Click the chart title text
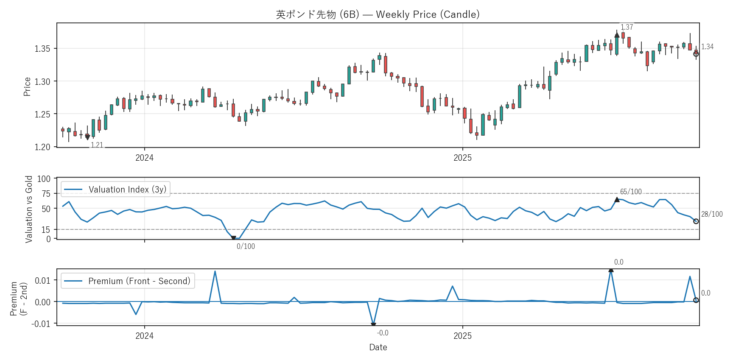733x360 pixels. pyautogui.click(x=378, y=14)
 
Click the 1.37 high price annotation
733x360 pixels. pyautogui.click(x=627, y=27)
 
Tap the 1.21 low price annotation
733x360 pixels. pyautogui.click(x=97, y=145)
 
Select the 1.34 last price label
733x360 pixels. pyautogui.click(x=707, y=47)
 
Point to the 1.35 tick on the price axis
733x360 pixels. pyautogui.click(x=42, y=49)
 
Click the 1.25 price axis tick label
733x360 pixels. pyautogui.click(x=42, y=114)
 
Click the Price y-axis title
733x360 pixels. pyautogui.click(x=27, y=87)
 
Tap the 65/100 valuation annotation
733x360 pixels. pyautogui.click(x=631, y=192)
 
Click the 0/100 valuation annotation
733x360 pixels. pyautogui.click(x=246, y=246)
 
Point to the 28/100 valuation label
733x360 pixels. pyautogui.click(x=712, y=214)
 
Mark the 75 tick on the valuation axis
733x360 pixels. pyautogui.click(x=46, y=194)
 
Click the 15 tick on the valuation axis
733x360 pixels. pyautogui.click(x=46, y=229)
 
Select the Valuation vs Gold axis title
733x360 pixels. pyautogui.click(x=29, y=209)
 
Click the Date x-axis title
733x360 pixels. pyautogui.click(x=378, y=347)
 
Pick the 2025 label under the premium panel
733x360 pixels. pyautogui.click(x=462, y=336)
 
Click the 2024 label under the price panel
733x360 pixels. pyautogui.click(x=144, y=158)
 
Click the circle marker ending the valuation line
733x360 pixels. pyautogui.click(x=696, y=221)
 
